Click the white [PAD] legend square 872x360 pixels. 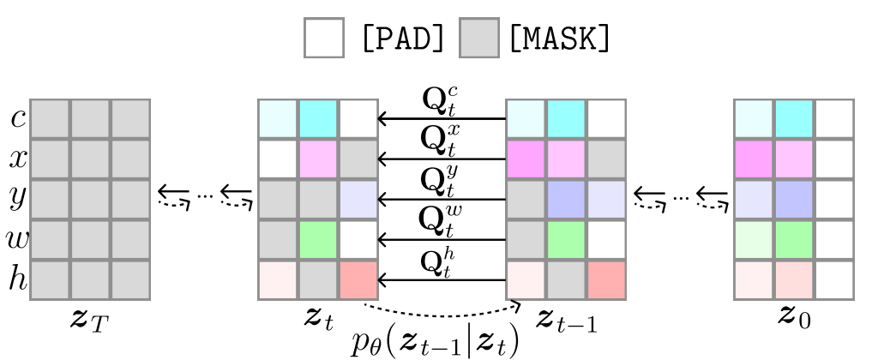point(323,39)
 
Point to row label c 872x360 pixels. point(17,119)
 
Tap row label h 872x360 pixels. point(17,279)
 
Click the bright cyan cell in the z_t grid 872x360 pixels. point(318,119)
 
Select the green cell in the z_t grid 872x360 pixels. point(318,239)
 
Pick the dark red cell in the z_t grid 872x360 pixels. point(358,279)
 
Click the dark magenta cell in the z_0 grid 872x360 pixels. point(755,159)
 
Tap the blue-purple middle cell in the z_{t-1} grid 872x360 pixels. point(567,199)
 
